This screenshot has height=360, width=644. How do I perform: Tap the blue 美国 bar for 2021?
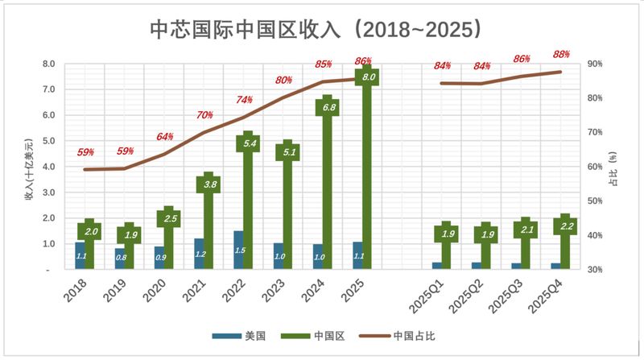pyautogui.click(x=199, y=254)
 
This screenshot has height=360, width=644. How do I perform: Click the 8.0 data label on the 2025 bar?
pyautogui.click(x=369, y=77)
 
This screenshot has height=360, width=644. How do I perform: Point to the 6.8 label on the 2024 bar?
pyautogui.click(x=328, y=106)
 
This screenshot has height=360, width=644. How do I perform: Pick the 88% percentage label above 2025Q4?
pyautogui.click(x=561, y=54)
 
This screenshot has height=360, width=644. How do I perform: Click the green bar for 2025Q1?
pyautogui.click(x=447, y=246)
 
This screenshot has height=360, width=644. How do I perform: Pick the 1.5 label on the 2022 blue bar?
pyautogui.click(x=238, y=250)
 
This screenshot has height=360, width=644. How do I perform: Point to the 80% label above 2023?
pyautogui.click(x=283, y=81)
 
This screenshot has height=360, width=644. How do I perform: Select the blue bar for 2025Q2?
pyautogui.click(x=477, y=265)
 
